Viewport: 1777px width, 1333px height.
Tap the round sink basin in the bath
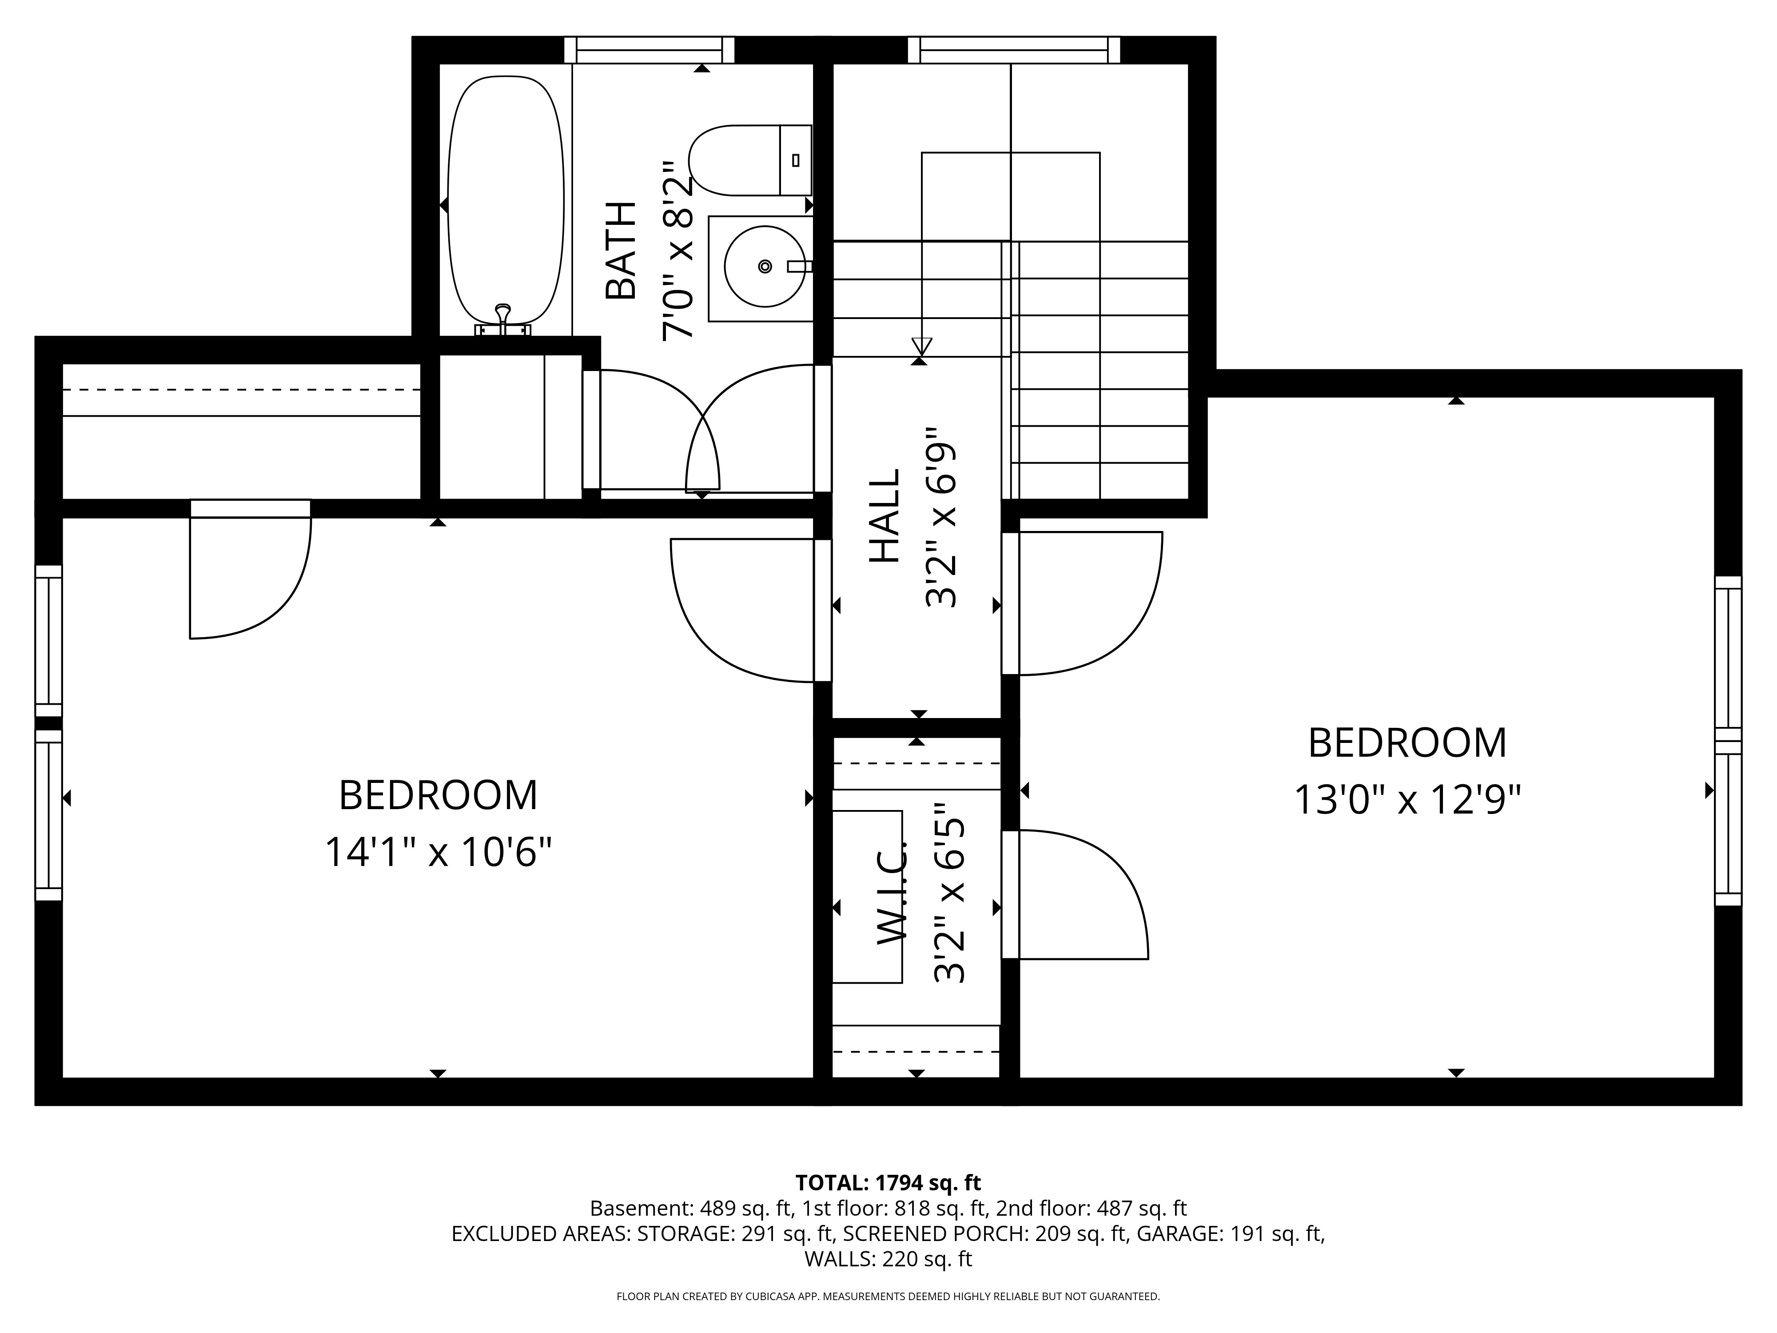point(764,266)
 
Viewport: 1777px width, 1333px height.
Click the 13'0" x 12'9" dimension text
point(1406,800)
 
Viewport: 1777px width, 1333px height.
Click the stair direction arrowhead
point(921,346)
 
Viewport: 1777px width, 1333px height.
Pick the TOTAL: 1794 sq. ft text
point(888,1183)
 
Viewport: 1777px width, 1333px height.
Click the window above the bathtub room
point(649,50)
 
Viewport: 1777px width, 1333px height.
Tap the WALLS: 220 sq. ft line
point(888,1259)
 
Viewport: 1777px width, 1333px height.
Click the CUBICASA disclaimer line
point(888,1296)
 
